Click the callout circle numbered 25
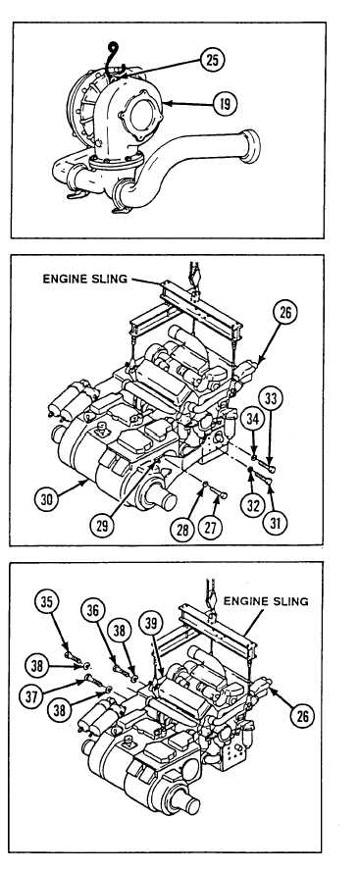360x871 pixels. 212,60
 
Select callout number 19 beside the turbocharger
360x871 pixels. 225,103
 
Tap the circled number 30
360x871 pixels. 48,498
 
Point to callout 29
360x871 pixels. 102,524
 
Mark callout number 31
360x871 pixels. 275,522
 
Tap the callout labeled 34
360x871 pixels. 252,420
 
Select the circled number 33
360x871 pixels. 271,398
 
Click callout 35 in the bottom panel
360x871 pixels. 47,601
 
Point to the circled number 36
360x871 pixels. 93,610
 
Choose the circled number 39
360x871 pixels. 151,622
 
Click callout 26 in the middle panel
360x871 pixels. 284,313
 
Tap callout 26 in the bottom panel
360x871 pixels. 302,716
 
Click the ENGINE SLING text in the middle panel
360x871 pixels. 85,279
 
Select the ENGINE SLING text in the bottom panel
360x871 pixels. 266,601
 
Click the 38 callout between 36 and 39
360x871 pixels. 121,630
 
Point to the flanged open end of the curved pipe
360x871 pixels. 250,146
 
